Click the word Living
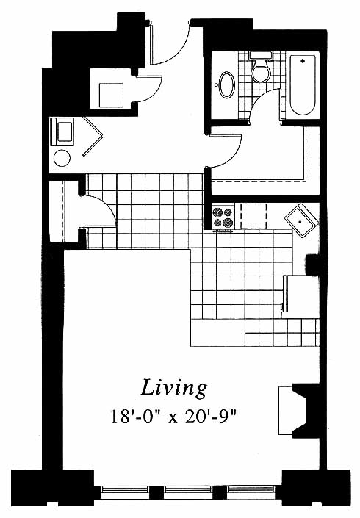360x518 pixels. click(x=174, y=388)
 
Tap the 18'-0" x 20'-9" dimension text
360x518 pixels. click(x=174, y=417)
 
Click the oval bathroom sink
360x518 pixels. click(x=226, y=84)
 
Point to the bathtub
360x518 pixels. click(x=303, y=85)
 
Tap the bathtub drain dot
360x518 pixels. click(x=303, y=61)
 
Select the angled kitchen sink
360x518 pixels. click(x=301, y=220)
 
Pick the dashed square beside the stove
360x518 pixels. click(x=253, y=216)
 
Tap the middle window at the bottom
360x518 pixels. click(x=188, y=492)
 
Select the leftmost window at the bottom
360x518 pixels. click(x=124, y=492)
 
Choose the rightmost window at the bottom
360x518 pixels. click(x=252, y=492)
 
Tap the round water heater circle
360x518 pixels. click(x=62, y=159)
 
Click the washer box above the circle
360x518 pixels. click(x=62, y=132)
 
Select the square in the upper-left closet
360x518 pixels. click(x=111, y=95)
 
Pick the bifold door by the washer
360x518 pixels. click(x=93, y=136)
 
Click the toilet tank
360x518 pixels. click(x=261, y=55)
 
